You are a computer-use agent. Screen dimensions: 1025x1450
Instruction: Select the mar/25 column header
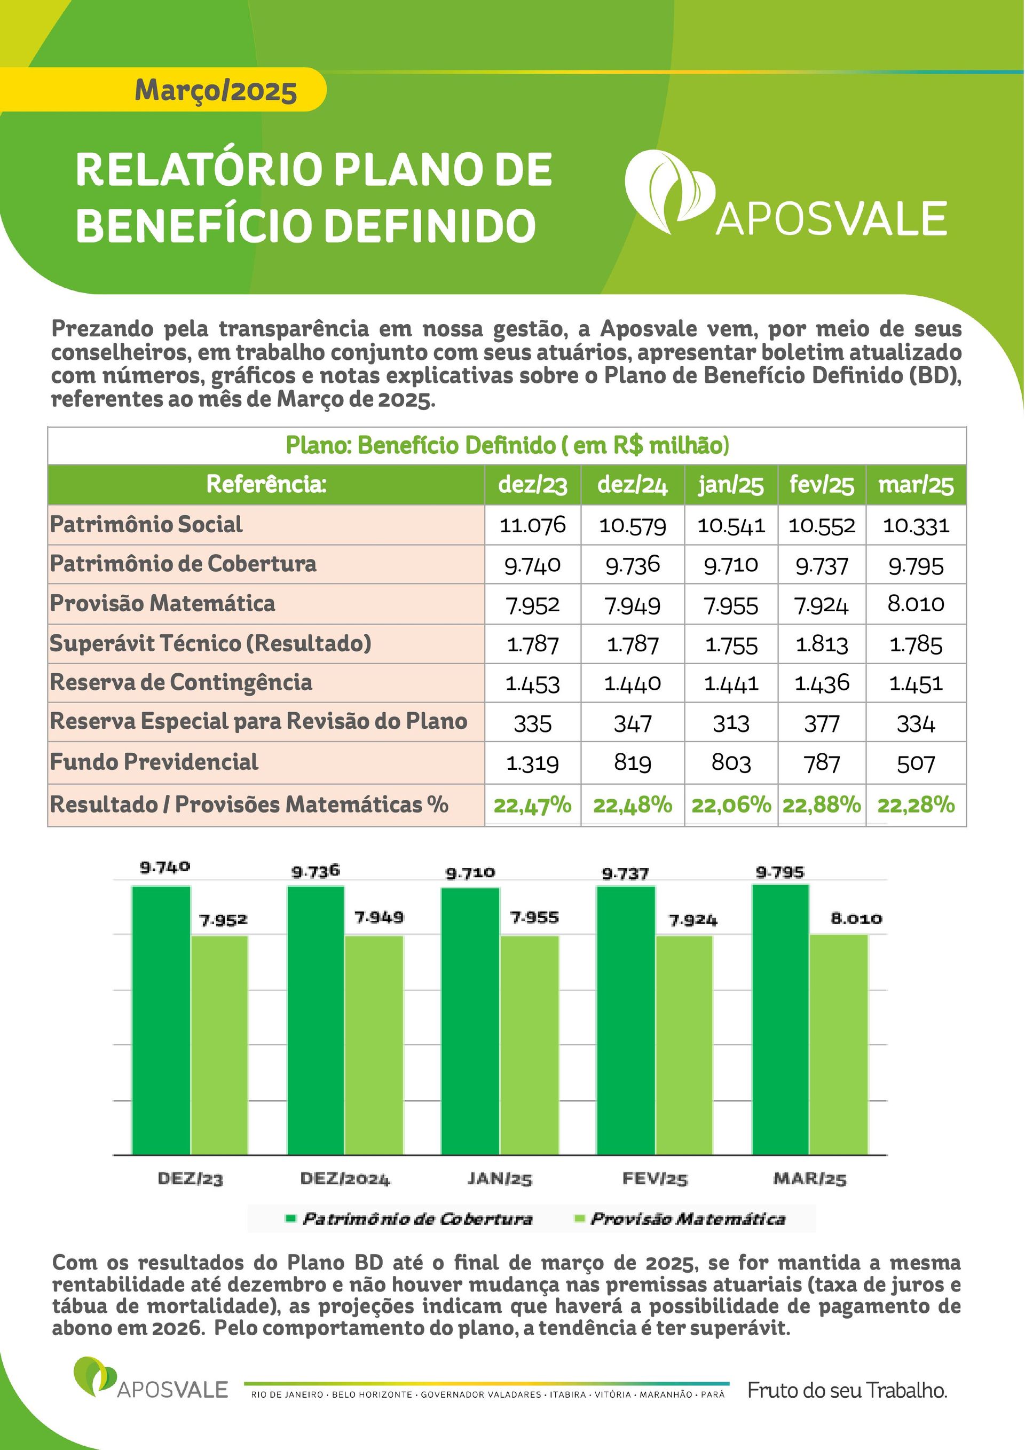[916, 485]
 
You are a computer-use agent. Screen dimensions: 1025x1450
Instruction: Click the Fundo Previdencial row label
[154, 762]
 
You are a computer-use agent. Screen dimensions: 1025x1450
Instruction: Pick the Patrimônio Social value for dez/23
[532, 525]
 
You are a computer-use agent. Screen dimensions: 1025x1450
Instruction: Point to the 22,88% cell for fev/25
[822, 805]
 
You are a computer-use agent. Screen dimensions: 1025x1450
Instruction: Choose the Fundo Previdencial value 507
[916, 763]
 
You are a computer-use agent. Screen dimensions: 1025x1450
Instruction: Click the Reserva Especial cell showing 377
[822, 723]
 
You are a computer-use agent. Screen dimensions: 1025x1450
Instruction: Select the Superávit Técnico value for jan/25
[731, 645]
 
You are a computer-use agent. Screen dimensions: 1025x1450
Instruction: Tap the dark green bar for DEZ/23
[161, 1021]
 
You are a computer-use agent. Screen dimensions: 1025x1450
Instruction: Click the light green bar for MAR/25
[839, 1045]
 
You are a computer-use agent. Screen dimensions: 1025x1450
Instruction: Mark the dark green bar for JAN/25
[470, 1022]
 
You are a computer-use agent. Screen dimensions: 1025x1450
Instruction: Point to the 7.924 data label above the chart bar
[693, 920]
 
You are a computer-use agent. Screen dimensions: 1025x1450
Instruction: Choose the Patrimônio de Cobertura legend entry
[410, 1218]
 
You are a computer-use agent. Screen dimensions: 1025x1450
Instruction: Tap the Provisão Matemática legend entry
[680, 1218]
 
